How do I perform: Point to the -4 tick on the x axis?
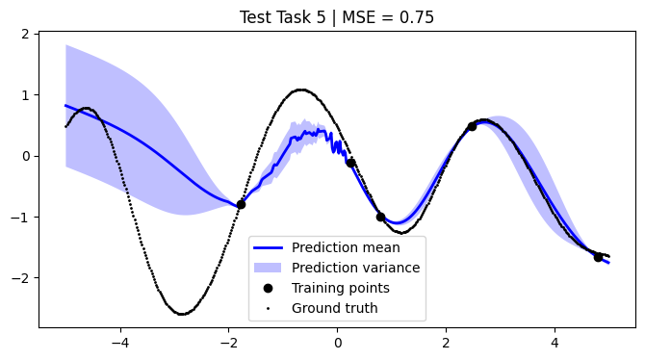pyautogui.click(x=120, y=340)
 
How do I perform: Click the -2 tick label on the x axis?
pyautogui.click(x=229, y=340)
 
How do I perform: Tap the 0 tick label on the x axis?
pyautogui.click(x=338, y=340)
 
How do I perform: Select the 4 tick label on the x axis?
pyautogui.click(x=555, y=340)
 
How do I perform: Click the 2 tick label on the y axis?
pyautogui.click(x=26, y=34)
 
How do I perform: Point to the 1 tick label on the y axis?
pyautogui.click(x=26, y=95)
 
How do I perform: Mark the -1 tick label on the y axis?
pyautogui.click(x=22, y=217)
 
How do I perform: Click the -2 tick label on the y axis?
pyautogui.click(x=22, y=277)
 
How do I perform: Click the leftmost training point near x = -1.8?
pyautogui.click(x=241, y=204)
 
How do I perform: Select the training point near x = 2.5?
pyautogui.click(x=472, y=126)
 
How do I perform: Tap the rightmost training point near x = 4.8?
pyautogui.click(x=598, y=257)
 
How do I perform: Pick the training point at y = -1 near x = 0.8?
pyautogui.click(x=380, y=217)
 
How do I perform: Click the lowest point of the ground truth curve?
pyautogui.click(x=181, y=314)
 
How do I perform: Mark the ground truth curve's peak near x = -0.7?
pyautogui.click(x=301, y=90)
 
